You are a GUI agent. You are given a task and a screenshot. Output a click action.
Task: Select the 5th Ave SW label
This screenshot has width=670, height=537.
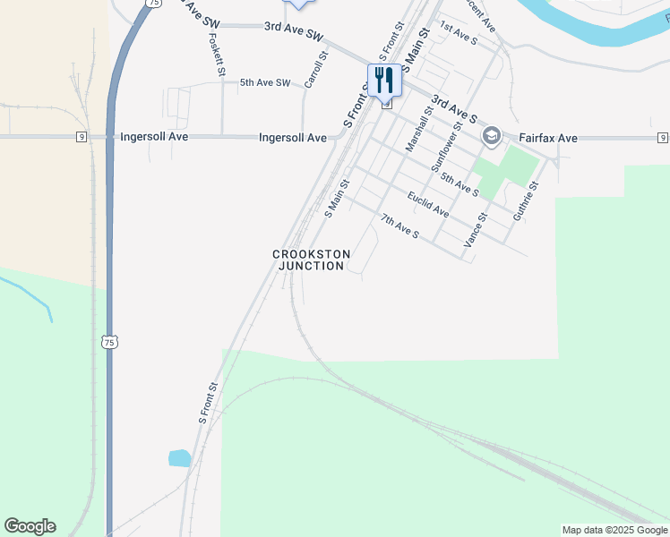tap(265, 83)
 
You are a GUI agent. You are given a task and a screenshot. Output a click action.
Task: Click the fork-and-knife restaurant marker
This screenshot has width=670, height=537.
tap(384, 81)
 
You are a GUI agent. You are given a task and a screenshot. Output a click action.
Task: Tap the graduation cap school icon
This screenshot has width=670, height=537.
tap(490, 137)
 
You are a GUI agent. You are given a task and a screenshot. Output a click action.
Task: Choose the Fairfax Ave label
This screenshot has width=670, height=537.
tap(548, 139)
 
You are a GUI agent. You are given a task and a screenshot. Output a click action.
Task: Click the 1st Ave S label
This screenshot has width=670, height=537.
tap(459, 35)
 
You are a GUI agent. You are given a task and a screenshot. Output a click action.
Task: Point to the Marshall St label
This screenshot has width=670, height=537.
tap(418, 129)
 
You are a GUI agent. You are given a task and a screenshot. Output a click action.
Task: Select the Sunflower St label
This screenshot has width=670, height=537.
tap(447, 149)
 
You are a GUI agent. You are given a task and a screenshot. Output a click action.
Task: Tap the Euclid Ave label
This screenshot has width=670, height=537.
tap(427, 205)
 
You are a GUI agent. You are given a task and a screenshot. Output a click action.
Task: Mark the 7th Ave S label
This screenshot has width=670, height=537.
tap(399, 226)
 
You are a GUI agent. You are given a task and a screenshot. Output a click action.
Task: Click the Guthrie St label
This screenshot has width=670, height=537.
tap(524, 202)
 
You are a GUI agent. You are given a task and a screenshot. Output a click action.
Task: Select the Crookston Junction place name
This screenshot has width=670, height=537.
tap(311, 260)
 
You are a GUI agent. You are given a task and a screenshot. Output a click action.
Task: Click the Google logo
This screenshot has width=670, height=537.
tap(30, 526)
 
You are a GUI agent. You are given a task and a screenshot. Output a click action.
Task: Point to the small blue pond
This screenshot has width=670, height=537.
tap(179, 458)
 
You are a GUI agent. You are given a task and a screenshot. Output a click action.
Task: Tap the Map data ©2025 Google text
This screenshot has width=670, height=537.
tap(614, 530)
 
